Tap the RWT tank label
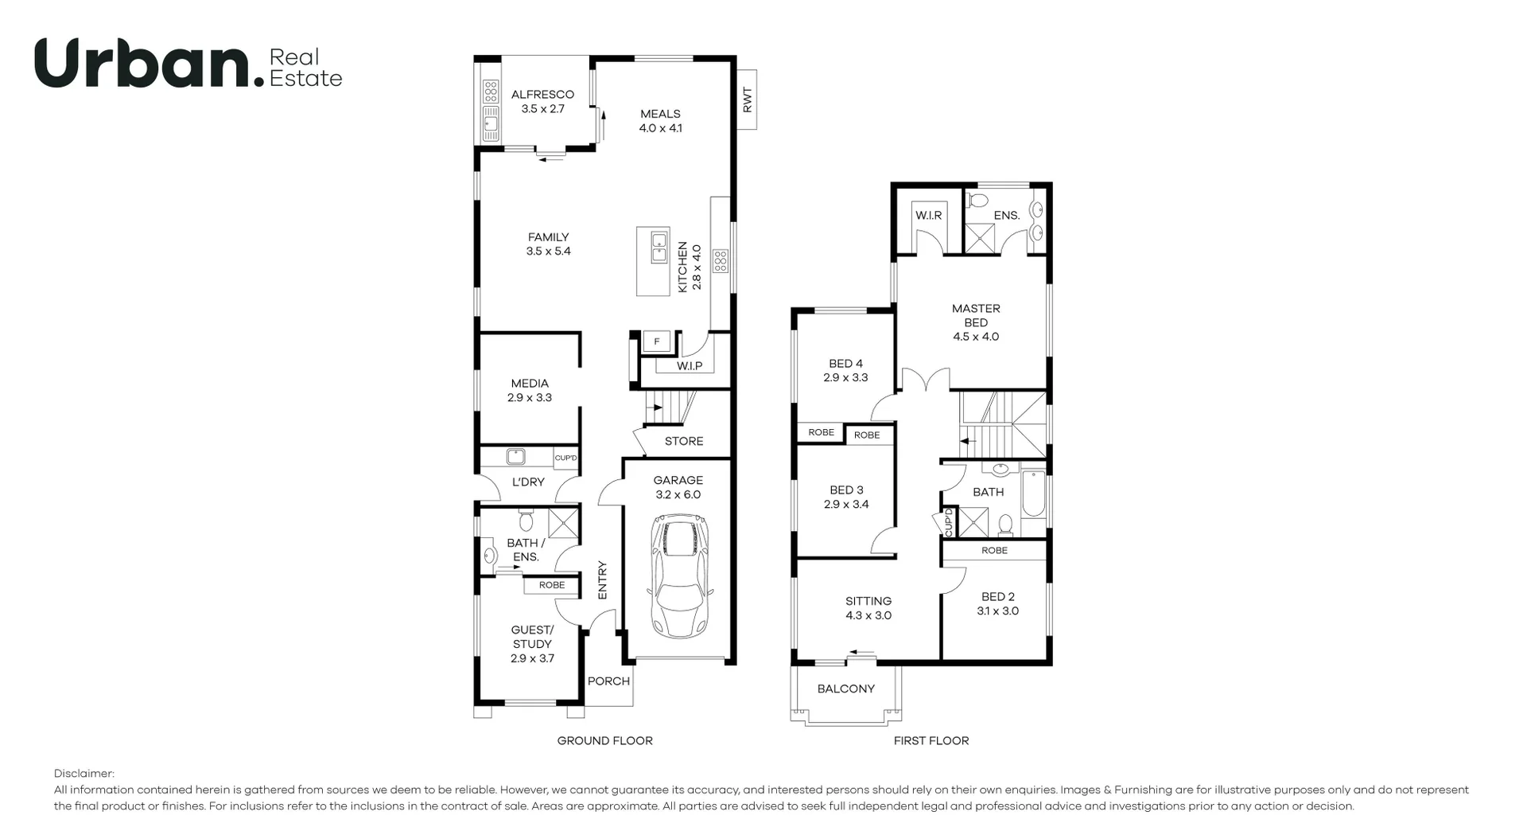746,100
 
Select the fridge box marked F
657,341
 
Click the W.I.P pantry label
690,366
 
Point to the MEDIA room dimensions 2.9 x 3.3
530,397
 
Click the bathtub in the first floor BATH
1032,494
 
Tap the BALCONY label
845,689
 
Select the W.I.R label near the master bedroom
928,216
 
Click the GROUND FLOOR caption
604,740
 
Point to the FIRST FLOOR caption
931,740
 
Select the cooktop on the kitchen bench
720,260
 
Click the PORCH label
608,681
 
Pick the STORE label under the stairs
684,441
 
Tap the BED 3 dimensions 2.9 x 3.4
846,504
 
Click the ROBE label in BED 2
994,550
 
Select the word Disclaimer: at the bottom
84,774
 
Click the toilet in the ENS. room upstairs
980,199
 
